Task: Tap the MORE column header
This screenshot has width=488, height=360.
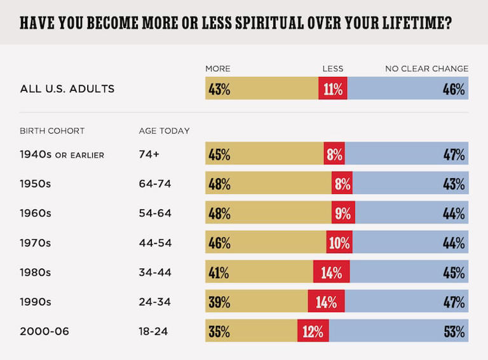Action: coord(218,69)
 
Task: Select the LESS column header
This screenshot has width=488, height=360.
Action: coord(333,69)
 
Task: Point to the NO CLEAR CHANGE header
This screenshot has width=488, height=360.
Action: coord(427,69)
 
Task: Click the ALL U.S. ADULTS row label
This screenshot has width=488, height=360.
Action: coord(67,88)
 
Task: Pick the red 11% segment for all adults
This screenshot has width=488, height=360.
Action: coord(333,88)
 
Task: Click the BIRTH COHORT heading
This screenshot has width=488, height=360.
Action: coord(52,131)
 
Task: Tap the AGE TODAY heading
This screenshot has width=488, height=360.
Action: coord(164,131)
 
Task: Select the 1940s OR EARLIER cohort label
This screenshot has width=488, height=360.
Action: coord(62,155)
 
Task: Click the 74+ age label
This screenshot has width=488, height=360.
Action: coord(149,155)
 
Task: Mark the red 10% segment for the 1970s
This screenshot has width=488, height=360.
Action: coord(339,243)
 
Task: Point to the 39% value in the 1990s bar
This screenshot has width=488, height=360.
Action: coord(219,302)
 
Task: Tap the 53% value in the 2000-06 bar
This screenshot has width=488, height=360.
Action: coord(454,331)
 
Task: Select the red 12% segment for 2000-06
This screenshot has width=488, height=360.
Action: coord(313,331)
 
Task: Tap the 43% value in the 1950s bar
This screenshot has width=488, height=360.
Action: coord(454,184)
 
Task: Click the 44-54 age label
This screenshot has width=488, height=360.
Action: coord(155,243)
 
